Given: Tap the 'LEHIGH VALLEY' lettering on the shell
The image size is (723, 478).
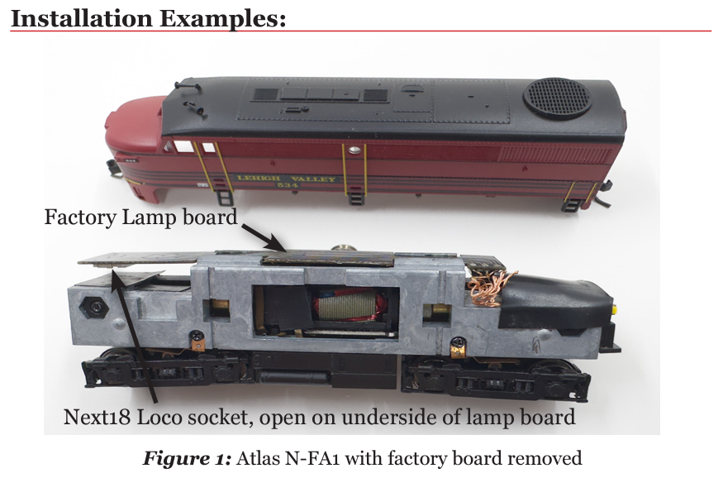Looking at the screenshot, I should coord(286,179).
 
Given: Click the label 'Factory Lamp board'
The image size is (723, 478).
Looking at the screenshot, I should coord(140,217).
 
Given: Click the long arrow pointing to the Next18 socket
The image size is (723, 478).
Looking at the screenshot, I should coord(136,339).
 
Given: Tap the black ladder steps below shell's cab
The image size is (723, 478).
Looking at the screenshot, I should coord(224,198).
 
